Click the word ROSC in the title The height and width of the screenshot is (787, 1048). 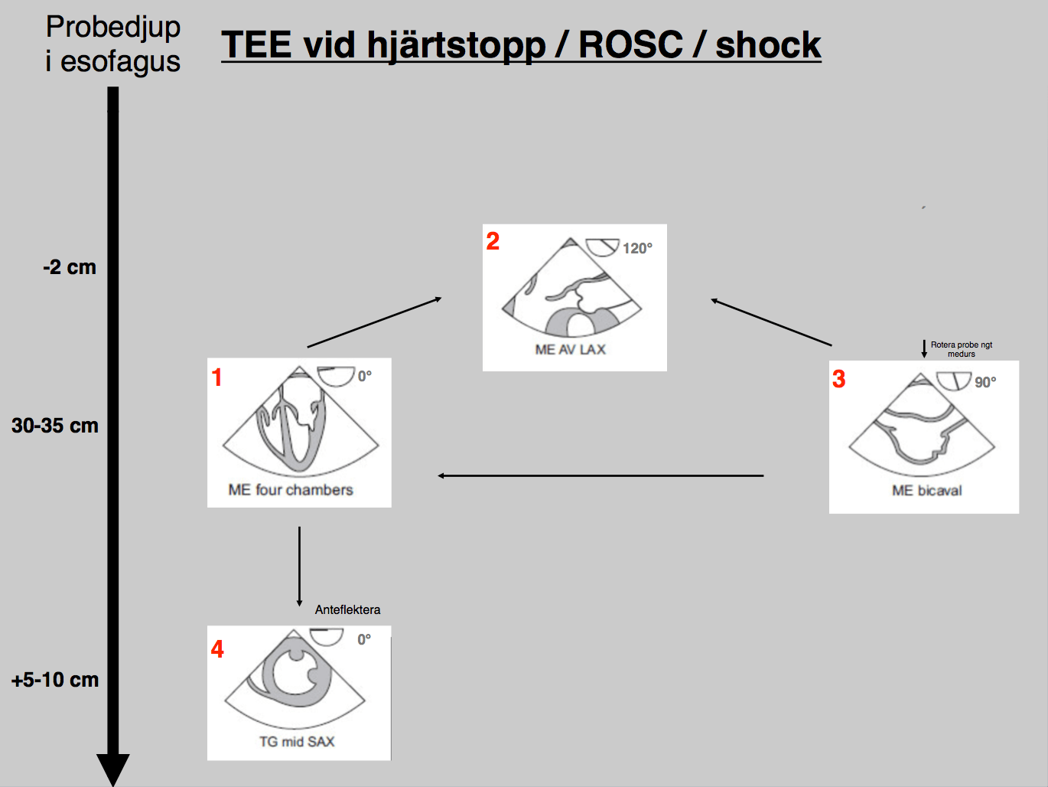630,44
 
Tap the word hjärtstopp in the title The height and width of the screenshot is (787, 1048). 455,45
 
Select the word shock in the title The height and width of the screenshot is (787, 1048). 767,44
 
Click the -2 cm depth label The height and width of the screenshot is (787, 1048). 70,267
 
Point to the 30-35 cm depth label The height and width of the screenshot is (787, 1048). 55,426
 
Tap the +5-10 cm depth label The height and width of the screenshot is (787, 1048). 55,680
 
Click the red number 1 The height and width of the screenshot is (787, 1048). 217,377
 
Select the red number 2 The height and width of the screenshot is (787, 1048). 493,242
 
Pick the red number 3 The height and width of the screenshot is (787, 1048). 839,380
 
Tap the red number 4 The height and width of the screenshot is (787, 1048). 218,649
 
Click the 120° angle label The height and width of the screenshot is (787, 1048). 637,248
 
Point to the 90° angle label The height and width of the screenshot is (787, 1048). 985,382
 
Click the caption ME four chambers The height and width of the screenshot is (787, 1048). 291,490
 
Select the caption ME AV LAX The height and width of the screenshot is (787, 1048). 570,350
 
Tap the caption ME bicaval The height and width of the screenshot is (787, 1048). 926,491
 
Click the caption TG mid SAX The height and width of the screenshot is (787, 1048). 297,742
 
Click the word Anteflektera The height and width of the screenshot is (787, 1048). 347,609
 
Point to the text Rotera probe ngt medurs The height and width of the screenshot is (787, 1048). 962,349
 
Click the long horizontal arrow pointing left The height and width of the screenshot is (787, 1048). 600,476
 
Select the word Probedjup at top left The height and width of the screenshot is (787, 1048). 113,27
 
